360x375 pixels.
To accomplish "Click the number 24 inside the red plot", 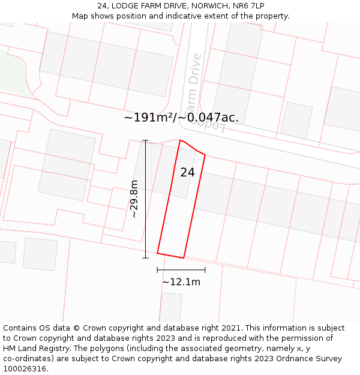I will click(x=187, y=173).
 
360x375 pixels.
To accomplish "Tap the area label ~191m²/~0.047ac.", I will click(x=181, y=118).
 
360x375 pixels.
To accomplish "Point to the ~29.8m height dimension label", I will click(x=134, y=199).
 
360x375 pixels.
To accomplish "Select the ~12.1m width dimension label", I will click(x=181, y=281).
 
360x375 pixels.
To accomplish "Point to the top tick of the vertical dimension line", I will click(x=145, y=140).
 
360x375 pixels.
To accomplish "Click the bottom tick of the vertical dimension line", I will click(x=145, y=258).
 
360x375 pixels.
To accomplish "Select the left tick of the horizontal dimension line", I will click(x=157, y=270).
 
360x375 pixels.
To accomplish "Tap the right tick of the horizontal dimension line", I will click(x=205, y=270).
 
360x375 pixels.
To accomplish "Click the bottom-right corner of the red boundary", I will click(x=184, y=258).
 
